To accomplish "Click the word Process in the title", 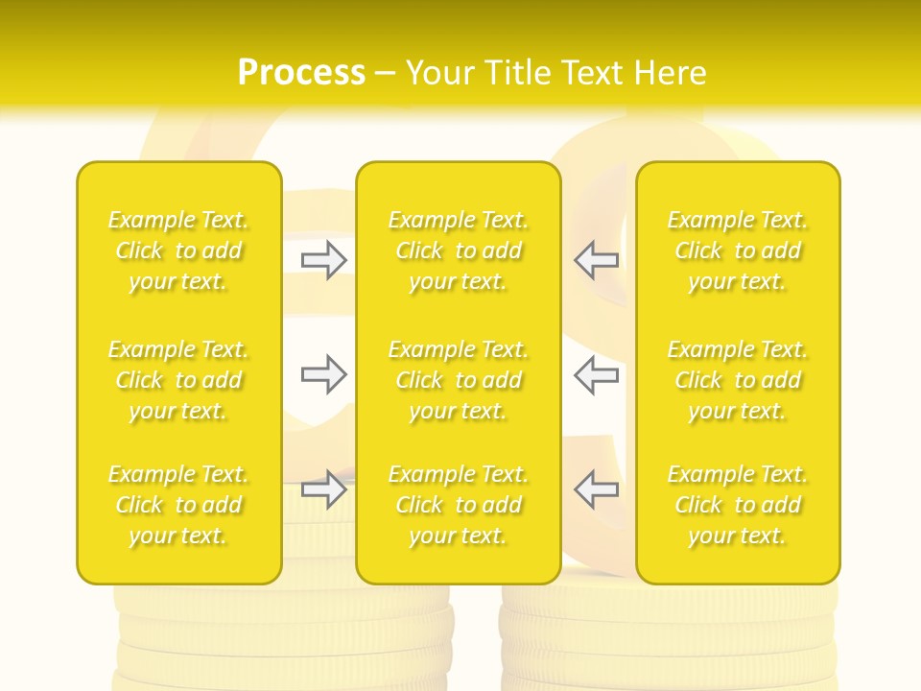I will tap(301, 73).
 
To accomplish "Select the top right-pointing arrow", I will tap(323, 260).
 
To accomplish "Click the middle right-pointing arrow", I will tap(323, 374).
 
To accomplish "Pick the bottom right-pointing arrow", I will tap(323, 489).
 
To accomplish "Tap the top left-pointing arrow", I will tap(597, 260).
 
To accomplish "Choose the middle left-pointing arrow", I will tap(597, 374).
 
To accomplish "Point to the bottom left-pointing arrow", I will tap(597, 489).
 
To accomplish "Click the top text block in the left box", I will tap(178, 250).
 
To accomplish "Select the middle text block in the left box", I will tap(178, 380).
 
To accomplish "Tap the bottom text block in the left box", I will tap(178, 505).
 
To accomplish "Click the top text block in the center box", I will tap(459, 250).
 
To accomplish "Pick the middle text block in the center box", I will tap(459, 380).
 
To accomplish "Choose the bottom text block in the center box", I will tap(459, 505).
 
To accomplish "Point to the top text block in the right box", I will tap(738, 250).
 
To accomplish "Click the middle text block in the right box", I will tap(738, 380).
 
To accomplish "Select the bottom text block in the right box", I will tap(738, 505).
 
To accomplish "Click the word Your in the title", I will tap(440, 73).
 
